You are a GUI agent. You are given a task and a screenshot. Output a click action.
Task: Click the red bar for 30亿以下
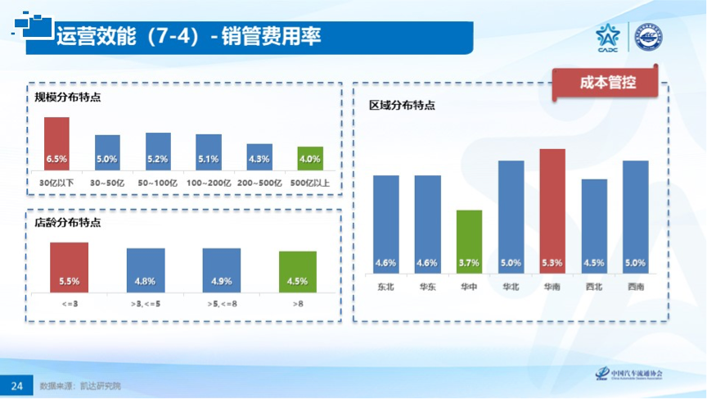(56, 143)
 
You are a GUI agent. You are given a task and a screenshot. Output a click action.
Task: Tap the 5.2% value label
(158, 159)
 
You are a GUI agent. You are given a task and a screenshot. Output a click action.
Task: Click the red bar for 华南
(552, 211)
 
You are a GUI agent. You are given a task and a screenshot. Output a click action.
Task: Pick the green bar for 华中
(469, 241)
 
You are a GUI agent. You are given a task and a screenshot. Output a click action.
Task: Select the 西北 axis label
(594, 287)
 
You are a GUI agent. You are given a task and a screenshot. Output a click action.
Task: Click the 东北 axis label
(386, 287)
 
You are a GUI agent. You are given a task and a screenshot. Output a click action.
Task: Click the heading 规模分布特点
(68, 97)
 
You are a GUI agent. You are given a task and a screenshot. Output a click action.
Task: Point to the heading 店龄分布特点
(68, 222)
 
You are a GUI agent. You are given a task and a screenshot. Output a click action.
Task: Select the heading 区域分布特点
(402, 106)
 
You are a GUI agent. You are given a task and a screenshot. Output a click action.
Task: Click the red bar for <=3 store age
(70, 267)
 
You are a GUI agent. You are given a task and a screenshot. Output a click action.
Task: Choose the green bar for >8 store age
(297, 271)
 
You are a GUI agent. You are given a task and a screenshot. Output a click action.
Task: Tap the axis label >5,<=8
(222, 304)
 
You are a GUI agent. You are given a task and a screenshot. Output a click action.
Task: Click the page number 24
(16, 385)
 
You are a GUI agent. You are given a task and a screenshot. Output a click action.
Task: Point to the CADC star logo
(608, 37)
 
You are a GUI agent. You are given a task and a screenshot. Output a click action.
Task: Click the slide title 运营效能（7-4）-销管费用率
(188, 36)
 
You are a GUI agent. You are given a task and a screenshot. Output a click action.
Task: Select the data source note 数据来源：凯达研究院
(85, 385)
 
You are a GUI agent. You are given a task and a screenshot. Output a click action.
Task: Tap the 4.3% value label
(259, 159)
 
